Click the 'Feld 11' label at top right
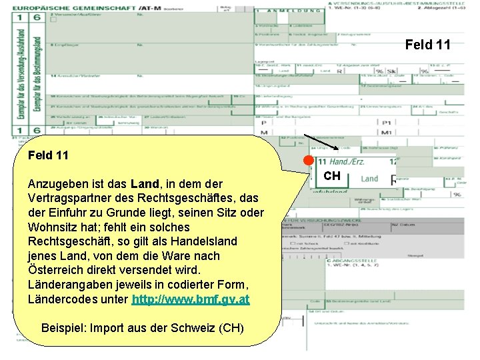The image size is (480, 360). point(427,45)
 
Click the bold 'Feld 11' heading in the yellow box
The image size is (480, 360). point(48,155)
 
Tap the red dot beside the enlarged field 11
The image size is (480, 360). point(307,161)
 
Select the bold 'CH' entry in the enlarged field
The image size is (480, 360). point(332,176)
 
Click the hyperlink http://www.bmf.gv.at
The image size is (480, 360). point(191,299)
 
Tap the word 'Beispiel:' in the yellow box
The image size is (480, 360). point(64,329)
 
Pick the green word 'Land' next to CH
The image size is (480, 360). point(369,179)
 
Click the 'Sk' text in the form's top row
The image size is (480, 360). point(392,71)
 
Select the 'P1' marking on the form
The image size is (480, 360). point(405,123)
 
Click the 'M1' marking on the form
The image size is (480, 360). point(405,133)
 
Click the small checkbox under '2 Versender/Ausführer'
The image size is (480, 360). point(53,20)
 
